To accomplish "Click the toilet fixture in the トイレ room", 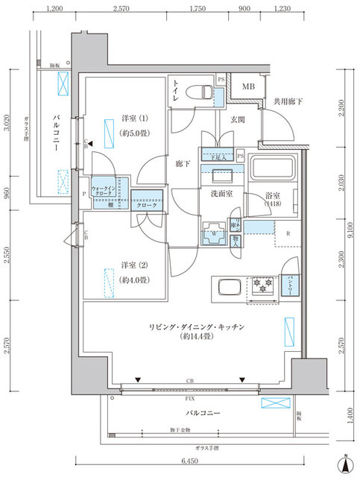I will tap(199, 92).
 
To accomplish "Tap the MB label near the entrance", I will tap(246, 86).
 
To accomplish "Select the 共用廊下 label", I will tap(286, 101).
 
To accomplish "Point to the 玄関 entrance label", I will tap(238, 119).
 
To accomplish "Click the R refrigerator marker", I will tap(288, 232).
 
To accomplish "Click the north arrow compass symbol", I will tap(346, 463).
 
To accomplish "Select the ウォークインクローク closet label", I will tap(102, 190).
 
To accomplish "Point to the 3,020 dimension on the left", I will tap(7, 120).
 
